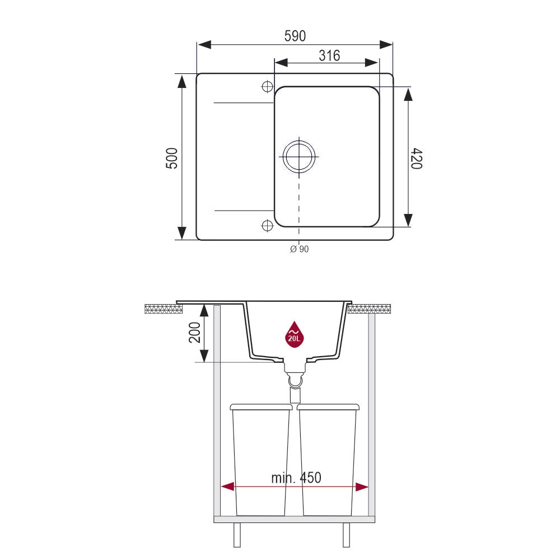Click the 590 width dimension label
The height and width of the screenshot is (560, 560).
point(295,36)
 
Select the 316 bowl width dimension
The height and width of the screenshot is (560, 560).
point(329,55)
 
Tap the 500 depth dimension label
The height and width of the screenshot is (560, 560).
point(172,158)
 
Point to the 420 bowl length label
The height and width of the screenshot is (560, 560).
point(417,158)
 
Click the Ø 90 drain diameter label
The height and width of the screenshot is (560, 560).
point(299,249)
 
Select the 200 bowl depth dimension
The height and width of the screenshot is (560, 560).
point(195,332)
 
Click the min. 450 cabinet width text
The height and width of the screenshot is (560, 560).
point(296,478)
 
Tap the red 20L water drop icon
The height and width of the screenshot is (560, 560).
point(294,334)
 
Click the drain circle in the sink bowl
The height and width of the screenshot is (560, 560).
point(299,156)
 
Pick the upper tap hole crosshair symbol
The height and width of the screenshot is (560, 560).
point(267,86)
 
